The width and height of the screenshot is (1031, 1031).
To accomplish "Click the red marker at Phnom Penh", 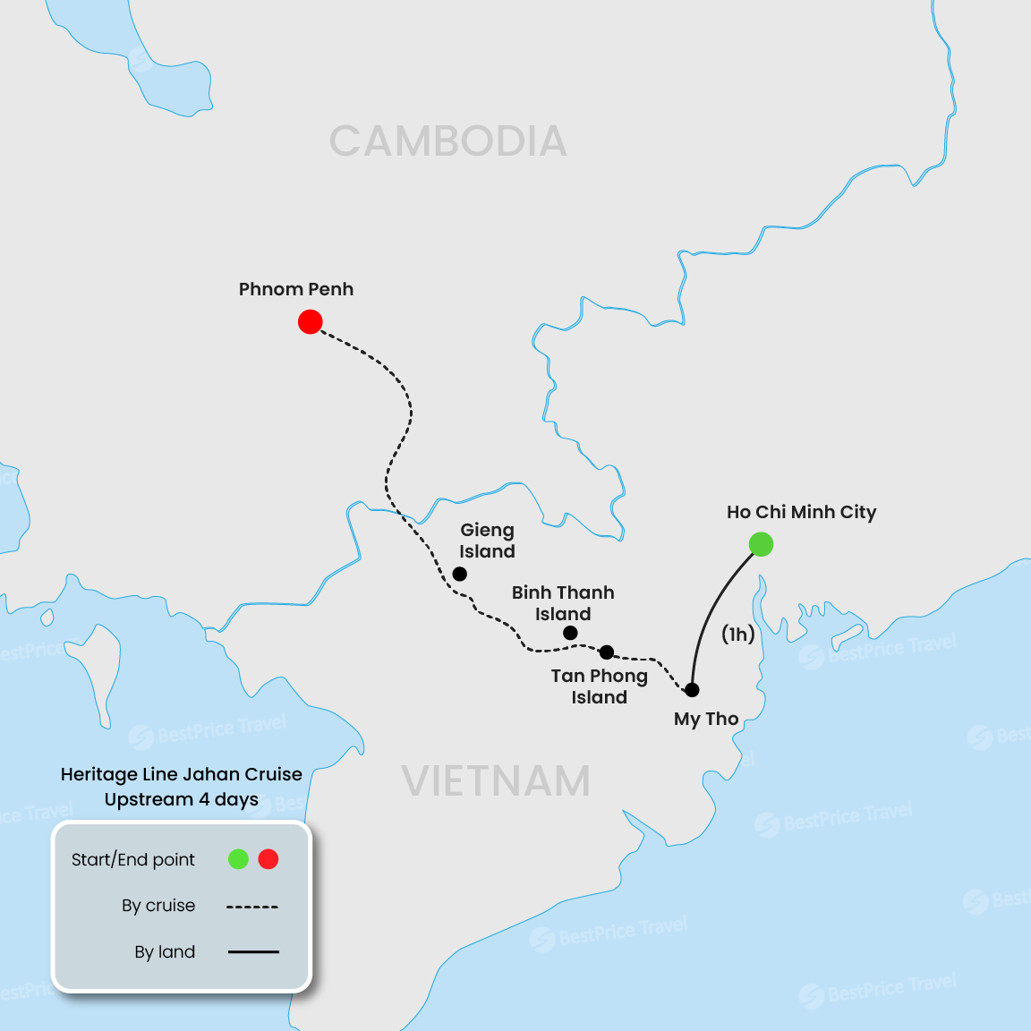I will click(310, 321).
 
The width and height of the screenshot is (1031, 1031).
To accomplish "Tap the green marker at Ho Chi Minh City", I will click(761, 544).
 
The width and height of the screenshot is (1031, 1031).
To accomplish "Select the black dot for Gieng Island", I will click(459, 574).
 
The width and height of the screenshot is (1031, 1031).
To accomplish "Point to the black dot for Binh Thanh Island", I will click(570, 633).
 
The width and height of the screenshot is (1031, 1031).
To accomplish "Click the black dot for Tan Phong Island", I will click(607, 652).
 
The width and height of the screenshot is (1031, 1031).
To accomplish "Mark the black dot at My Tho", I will click(692, 690).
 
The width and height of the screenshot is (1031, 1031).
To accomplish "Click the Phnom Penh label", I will click(295, 289).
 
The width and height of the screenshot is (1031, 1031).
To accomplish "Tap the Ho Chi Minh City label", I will click(801, 512).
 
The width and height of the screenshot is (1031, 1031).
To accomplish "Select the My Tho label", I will click(706, 719).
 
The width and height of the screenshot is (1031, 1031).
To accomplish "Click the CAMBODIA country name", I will click(447, 141).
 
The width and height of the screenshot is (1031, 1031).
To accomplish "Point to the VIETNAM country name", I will click(496, 781).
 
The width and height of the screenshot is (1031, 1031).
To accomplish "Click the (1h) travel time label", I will click(738, 634).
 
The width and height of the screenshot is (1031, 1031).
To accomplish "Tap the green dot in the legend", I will click(238, 859).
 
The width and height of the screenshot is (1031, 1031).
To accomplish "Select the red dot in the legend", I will click(268, 859).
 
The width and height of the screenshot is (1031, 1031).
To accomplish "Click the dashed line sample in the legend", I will click(252, 907).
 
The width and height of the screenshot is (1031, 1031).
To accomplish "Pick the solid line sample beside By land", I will click(253, 952).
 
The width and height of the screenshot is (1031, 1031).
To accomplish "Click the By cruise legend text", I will click(158, 906).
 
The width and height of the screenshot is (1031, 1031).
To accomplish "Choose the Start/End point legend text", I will click(132, 859).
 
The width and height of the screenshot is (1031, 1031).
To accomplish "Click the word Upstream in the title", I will click(149, 799).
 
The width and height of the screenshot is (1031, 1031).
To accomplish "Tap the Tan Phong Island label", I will click(599, 686).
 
